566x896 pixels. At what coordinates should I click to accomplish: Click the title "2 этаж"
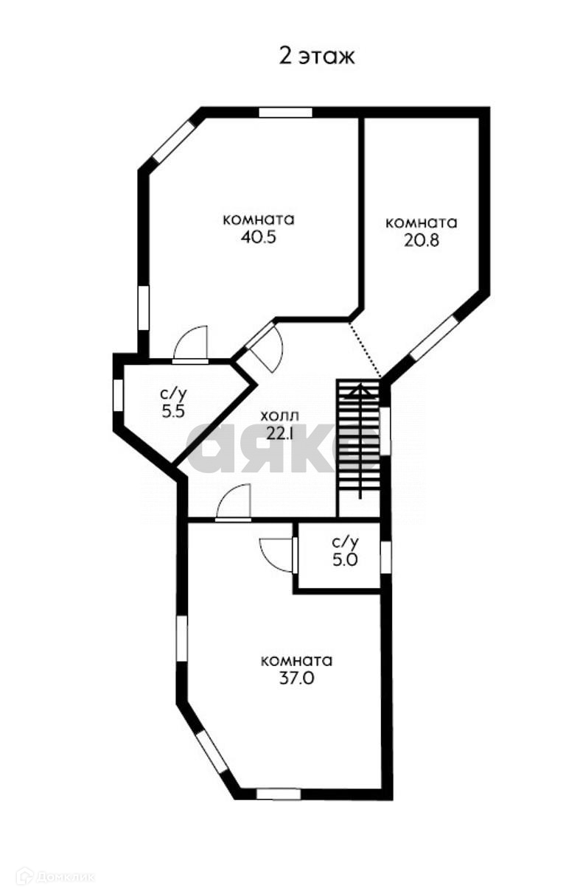coord(317,57)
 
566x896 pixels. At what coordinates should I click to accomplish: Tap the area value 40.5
coord(258,238)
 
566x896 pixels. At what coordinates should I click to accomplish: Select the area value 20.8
coord(422,240)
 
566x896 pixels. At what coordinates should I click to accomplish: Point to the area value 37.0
coord(297,679)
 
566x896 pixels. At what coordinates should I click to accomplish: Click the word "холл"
coord(280,416)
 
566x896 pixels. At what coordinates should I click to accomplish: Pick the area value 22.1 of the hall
coord(280,434)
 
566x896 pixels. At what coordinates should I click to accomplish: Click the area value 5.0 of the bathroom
coord(344,560)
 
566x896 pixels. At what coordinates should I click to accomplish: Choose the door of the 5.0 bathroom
coord(280,553)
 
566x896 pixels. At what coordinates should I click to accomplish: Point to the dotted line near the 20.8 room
coord(364,348)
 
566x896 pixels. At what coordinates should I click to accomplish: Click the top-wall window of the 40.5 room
coord(285,113)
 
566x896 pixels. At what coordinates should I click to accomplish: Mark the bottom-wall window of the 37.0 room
coord(279,794)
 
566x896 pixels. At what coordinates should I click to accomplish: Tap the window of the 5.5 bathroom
coord(118,393)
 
